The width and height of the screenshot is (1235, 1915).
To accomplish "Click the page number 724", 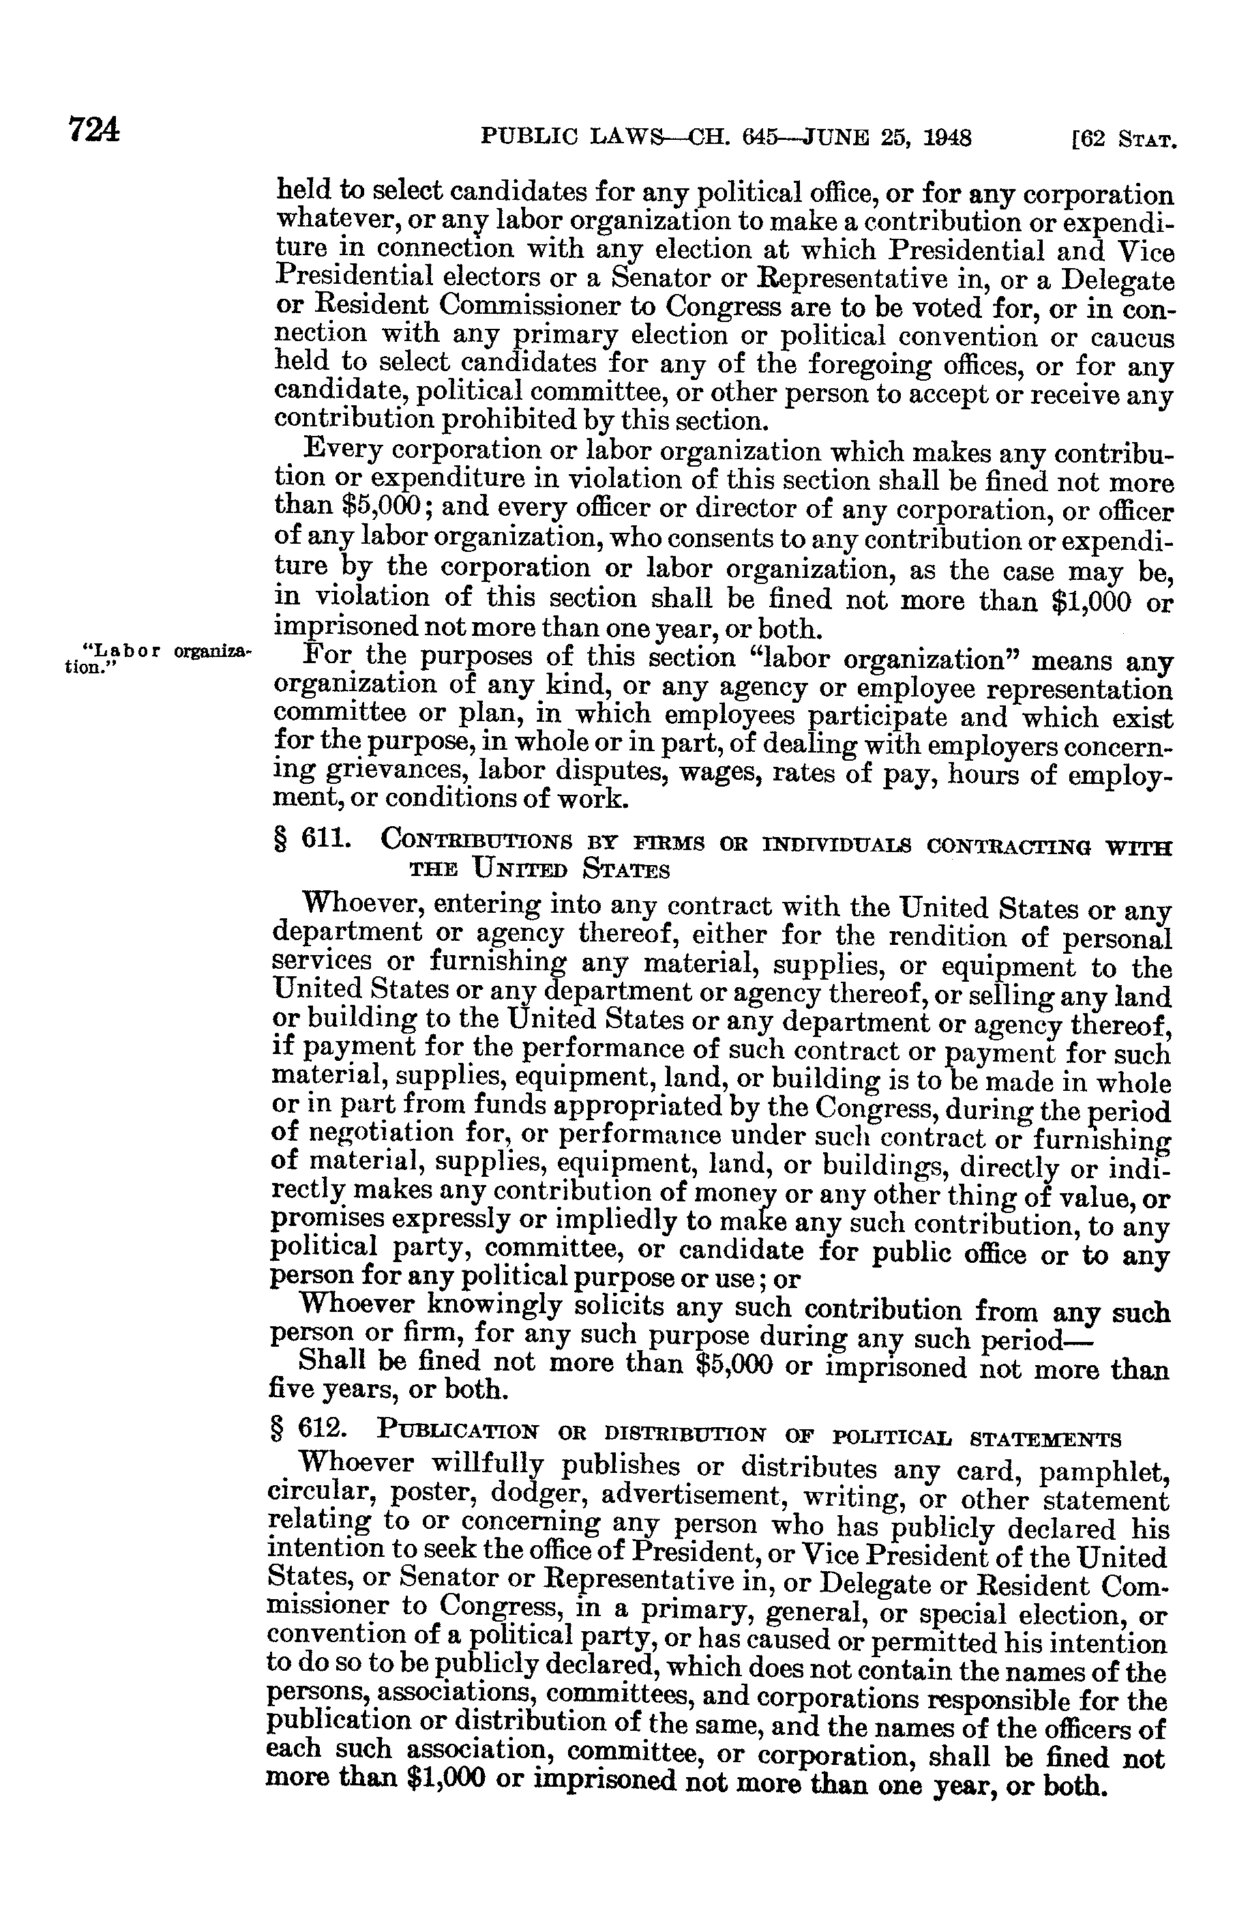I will coord(94,130).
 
